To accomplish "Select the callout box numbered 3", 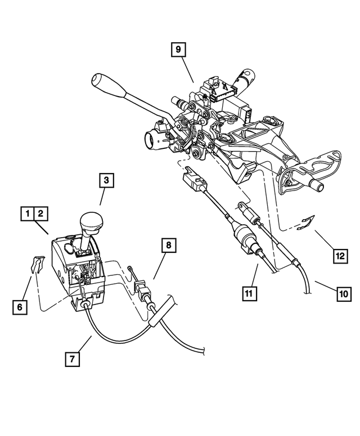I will tap(106, 181).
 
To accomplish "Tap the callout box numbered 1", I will tap(26, 214).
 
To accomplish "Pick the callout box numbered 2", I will tap(41, 214).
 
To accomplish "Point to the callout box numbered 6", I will tap(20, 307).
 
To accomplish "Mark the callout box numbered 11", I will tap(248, 292).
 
